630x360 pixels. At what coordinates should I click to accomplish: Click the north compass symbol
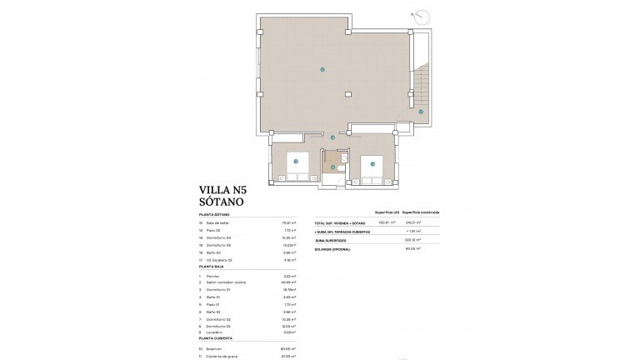[x=426, y=16]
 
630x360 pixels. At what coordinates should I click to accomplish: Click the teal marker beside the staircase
[x=421, y=111]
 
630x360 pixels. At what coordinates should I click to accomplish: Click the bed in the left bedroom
[x=296, y=165]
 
